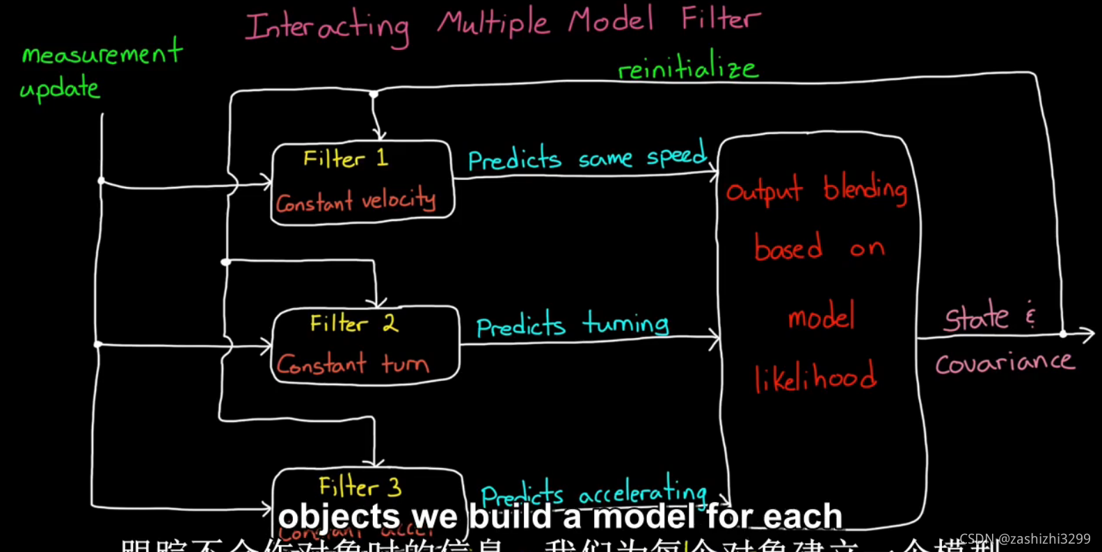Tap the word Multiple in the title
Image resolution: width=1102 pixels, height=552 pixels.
pos(493,22)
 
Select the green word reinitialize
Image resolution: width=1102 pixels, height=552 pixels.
pos(687,68)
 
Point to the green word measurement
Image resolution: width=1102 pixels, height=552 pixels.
pos(102,53)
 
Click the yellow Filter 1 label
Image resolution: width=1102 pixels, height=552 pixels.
pos(345,159)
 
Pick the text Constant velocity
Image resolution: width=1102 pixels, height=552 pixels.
pos(356,202)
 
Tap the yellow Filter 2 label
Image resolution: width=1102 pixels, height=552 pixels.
pos(353,323)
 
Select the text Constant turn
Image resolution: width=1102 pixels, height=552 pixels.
pos(352,364)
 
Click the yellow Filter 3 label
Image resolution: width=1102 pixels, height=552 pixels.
pos(360,487)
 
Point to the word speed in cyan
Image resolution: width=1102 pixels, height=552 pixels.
pos(676,154)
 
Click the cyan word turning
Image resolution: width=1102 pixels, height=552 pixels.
pos(625,323)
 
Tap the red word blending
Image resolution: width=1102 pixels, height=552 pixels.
pos(865,188)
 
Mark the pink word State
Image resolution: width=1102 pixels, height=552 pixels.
pos(976,318)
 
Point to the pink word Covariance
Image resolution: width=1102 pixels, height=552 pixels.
pos(1004,362)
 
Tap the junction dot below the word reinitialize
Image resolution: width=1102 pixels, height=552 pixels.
pos(374,94)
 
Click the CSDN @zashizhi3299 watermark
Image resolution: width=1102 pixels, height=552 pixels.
pos(1025,539)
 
